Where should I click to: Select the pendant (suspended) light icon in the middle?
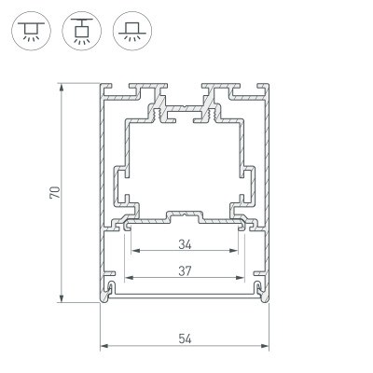pos(79,32)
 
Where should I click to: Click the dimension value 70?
pos(55,193)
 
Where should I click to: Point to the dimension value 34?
pos(184,245)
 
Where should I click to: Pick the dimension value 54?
pos(184,338)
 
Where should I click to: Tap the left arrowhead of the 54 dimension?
pos(104,348)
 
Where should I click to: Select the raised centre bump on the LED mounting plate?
pos(184,215)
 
